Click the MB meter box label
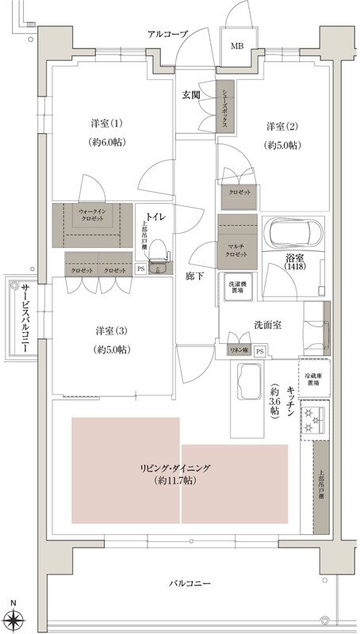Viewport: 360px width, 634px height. (237, 46)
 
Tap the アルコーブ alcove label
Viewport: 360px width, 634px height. (168, 34)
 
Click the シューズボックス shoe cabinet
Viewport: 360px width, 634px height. (226, 108)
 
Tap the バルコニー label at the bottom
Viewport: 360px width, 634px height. (190, 584)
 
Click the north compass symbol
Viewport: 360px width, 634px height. (13, 618)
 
